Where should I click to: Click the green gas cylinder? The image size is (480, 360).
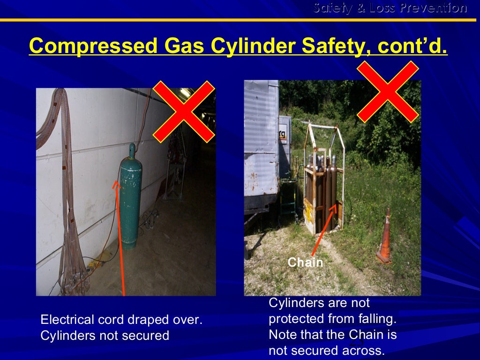pyautogui.click(x=130, y=202)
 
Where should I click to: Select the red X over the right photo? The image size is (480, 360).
pyautogui.click(x=388, y=92)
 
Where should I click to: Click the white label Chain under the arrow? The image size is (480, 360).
pyautogui.click(x=305, y=262)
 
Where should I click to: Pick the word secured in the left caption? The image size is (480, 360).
pyautogui.click(x=146, y=336)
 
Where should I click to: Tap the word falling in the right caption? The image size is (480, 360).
pyautogui.click(x=378, y=319)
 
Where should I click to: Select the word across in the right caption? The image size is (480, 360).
pyautogui.click(x=365, y=350)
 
